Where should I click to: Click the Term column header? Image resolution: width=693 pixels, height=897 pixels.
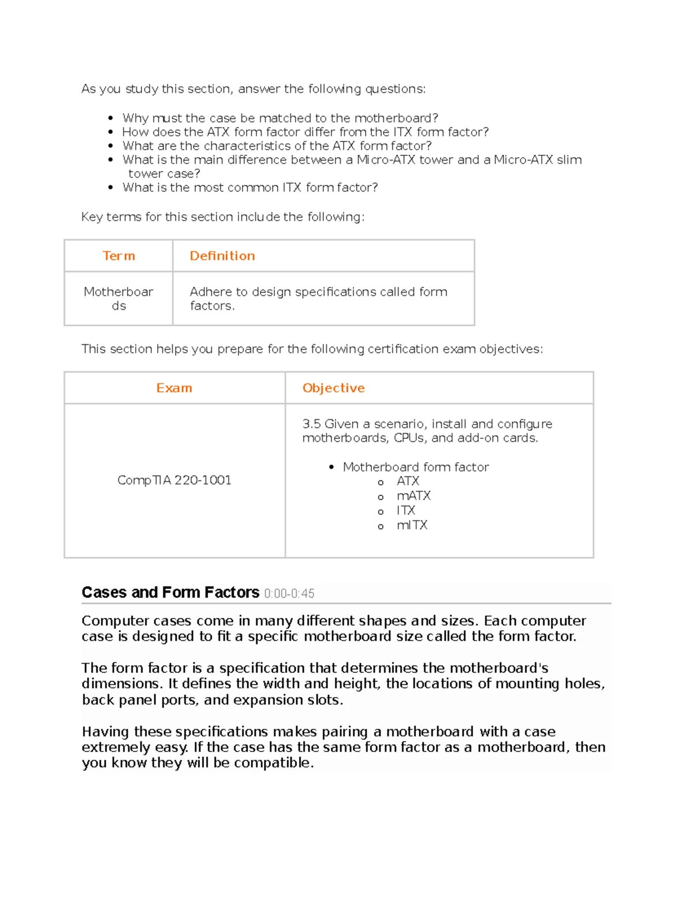coord(118,256)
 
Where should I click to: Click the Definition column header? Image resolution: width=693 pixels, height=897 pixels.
coord(222,256)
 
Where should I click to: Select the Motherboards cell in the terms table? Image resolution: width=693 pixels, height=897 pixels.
coord(118,299)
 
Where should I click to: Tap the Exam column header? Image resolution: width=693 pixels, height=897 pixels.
coord(174,388)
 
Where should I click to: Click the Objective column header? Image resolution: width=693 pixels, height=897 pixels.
coord(333,388)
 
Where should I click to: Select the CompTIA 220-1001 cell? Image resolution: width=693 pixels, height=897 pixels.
coord(174,480)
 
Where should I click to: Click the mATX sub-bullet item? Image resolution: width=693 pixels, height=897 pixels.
coord(413,496)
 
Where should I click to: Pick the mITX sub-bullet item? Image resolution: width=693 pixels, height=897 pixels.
coord(412,525)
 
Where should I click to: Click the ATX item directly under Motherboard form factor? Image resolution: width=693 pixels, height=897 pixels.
coord(408,481)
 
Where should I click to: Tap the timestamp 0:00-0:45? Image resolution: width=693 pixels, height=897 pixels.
coord(289,594)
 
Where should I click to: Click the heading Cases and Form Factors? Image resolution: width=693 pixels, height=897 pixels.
coord(170,593)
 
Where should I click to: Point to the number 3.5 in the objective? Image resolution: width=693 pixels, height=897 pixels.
coord(311,424)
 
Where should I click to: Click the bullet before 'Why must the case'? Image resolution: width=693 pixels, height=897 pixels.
coord(111,118)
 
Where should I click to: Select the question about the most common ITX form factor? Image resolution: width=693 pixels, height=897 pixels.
coord(250,188)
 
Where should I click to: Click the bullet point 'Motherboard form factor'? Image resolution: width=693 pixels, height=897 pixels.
coord(415,467)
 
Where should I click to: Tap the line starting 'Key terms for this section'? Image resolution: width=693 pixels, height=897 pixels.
coord(223,217)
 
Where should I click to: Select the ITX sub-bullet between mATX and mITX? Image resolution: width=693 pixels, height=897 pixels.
coord(405,511)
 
